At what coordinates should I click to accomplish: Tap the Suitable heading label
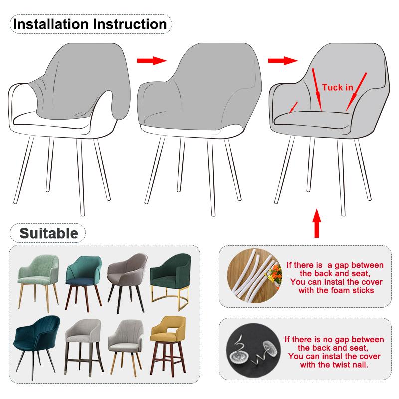[48, 233]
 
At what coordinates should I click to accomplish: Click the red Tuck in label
[337, 87]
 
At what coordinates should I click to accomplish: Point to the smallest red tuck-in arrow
[294, 106]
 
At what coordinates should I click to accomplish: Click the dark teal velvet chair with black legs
[38, 339]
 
